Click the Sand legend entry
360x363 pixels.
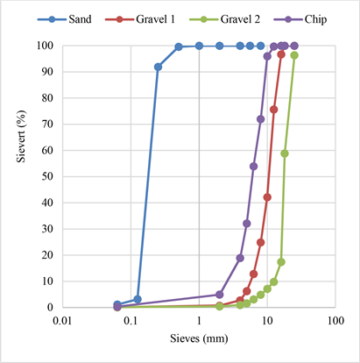65,19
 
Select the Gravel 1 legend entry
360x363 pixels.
140,19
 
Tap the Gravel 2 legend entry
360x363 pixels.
224,19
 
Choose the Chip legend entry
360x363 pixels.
300,19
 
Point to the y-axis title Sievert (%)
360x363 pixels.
21,136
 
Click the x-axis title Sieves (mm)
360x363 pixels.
199,338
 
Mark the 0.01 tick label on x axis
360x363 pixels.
63,321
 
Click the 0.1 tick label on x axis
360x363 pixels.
131,321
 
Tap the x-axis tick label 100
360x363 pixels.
335,321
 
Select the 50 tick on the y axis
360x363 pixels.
47,176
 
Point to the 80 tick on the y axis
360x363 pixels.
47,97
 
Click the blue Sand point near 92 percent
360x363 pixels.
158,67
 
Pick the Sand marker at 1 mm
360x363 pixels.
199,46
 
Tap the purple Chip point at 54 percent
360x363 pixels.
253,167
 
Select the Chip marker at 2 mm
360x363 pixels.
220,295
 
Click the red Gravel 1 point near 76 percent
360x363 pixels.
274,110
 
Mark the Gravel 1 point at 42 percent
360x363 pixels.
267,197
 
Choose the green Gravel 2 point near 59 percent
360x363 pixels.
285,153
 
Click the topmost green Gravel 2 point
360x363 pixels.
294,55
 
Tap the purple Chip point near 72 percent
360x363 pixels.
260,119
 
